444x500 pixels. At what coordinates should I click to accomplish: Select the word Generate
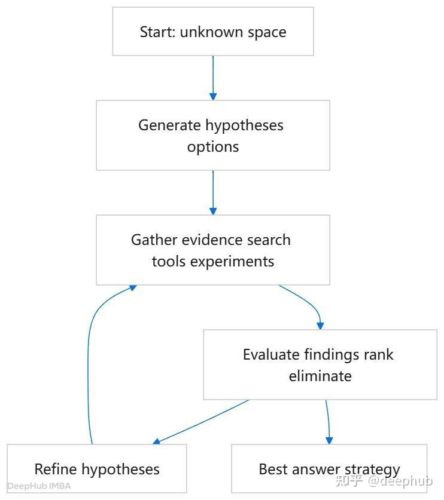pyautogui.click(x=169, y=125)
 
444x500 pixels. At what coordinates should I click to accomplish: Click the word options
pyautogui.click(x=213, y=147)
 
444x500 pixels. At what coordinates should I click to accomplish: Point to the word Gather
pyautogui.click(x=154, y=240)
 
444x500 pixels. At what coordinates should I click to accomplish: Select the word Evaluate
pyautogui.click(x=271, y=355)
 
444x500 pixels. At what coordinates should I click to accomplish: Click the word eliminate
pyautogui.click(x=320, y=376)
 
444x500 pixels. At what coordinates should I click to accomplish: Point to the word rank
pyautogui.click(x=380, y=355)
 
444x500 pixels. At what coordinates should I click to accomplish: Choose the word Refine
pyautogui.click(x=56, y=470)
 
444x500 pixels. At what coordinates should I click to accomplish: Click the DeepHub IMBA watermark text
pyautogui.click(x=39, y=486)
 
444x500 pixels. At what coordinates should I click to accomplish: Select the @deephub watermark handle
pyautogui.click(x=400, y=480)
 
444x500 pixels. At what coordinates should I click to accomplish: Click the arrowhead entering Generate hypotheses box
pyautogui.click(x=213, y=97)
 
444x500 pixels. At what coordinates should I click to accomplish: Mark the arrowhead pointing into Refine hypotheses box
pyautogui.click(x=157, y=441)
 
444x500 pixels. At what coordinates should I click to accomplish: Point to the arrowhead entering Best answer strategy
pyautogui.click(x=329, y=441)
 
